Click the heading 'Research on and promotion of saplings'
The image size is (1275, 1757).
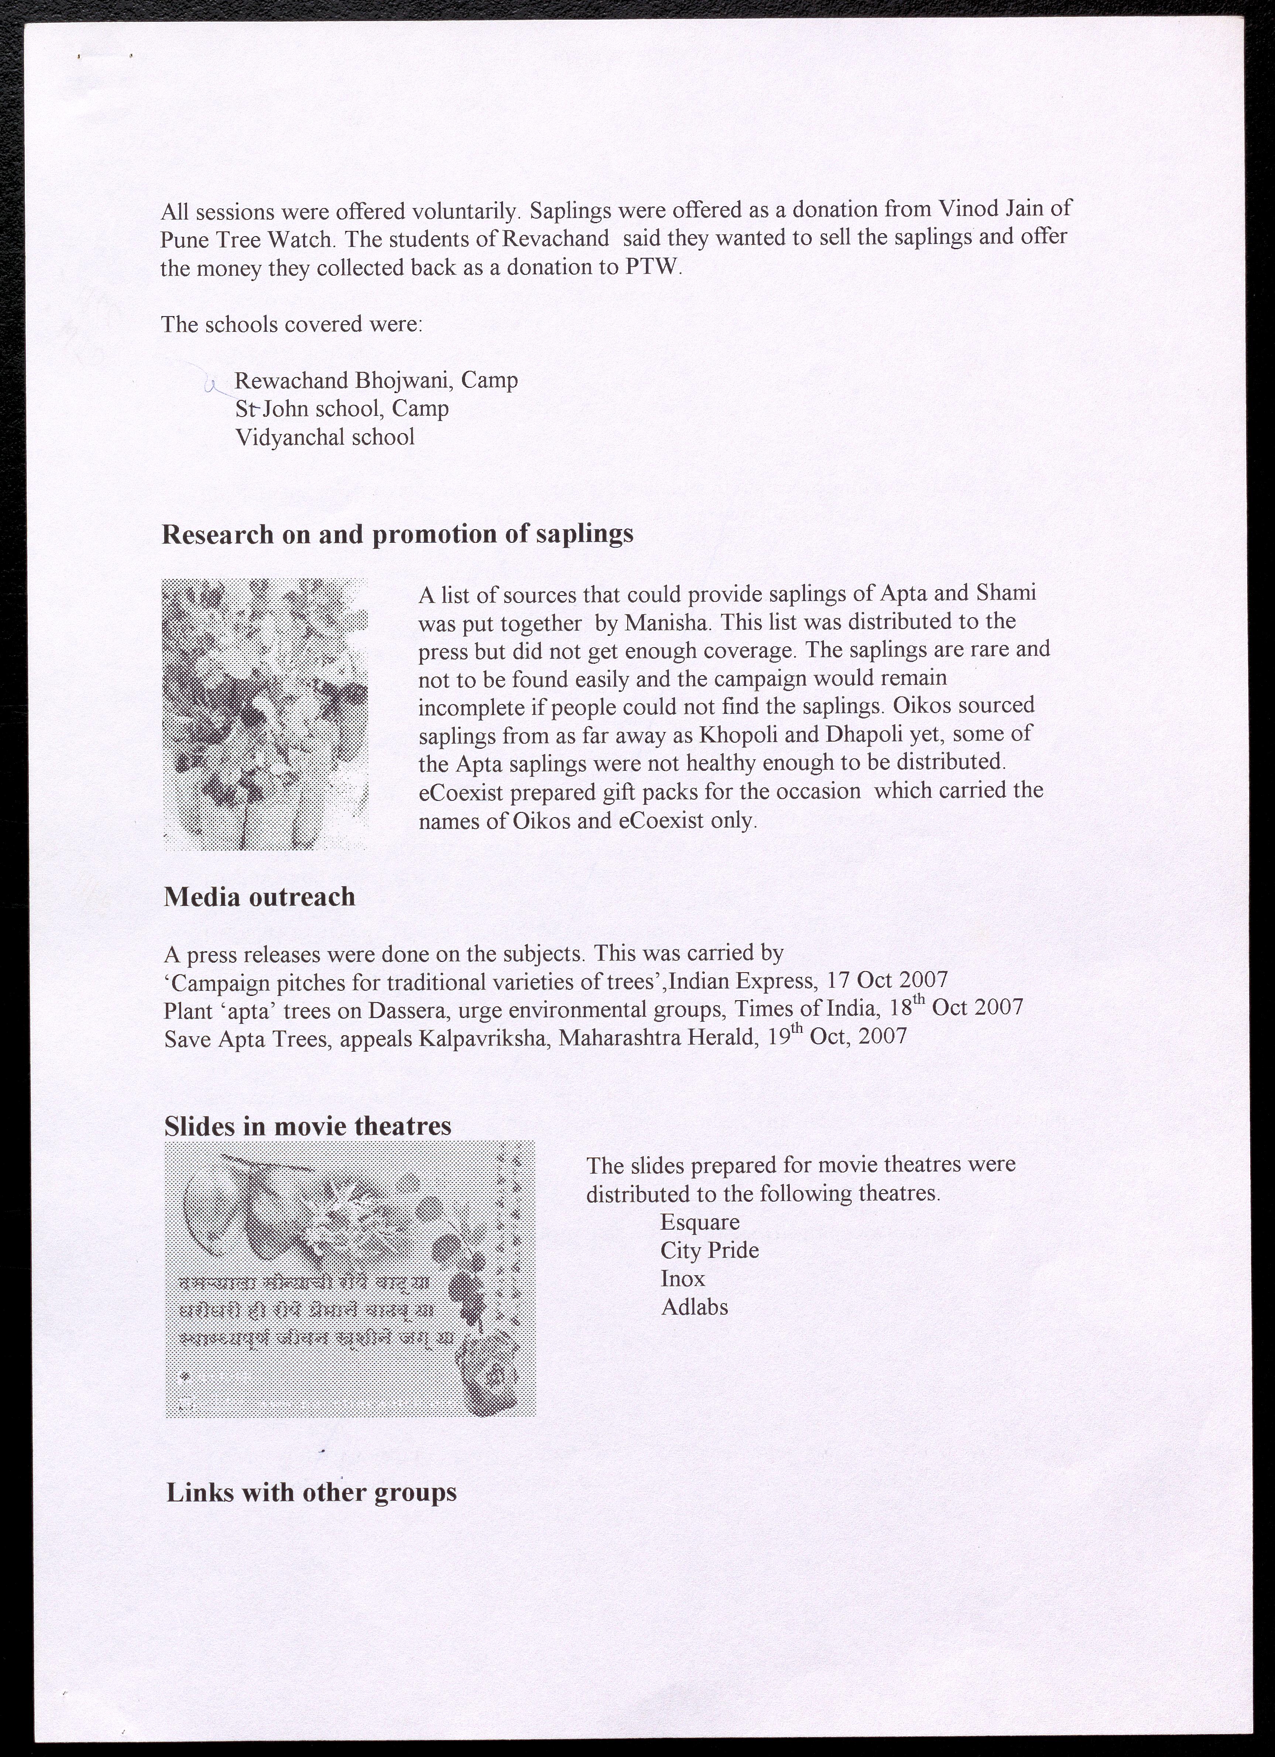click(397, 535)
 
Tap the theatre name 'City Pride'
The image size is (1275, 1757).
click(709, 1250)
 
